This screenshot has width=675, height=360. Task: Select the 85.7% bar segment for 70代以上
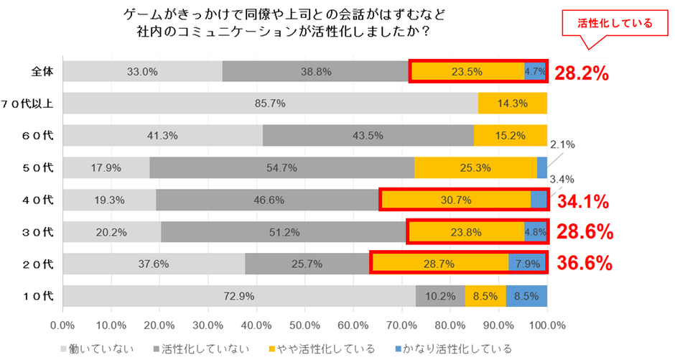[x=270, y=103]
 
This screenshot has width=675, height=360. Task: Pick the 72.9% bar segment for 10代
[x=239, y=295]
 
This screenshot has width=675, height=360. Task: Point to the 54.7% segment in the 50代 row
[x=281, y=167]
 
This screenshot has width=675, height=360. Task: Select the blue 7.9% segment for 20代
[x=527, y=264]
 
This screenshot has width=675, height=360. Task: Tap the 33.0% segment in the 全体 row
[x=142, y=71]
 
